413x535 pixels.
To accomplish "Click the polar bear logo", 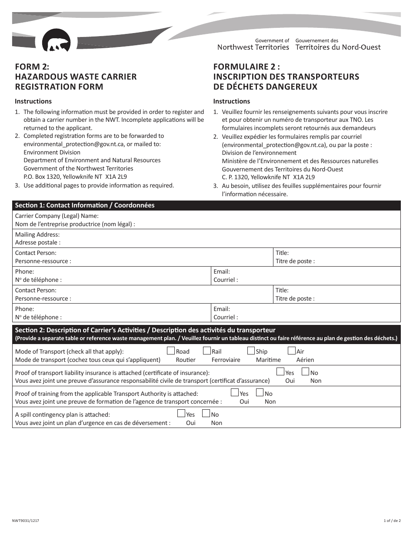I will pos(56,41).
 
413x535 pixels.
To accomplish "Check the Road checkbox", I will pos(171,351).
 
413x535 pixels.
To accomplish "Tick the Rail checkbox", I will pos(207,351).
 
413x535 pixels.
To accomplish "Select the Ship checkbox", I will pos(251,351).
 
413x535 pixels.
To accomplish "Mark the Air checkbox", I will pos(292,351).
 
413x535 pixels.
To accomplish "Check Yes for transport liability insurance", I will pos(280,372).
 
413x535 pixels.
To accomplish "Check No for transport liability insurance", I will pos(305,372).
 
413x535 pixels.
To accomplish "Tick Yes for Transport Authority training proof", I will pos(235,393).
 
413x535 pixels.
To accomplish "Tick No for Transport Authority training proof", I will pos(260,393).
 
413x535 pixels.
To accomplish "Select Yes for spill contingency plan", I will pos(181,414).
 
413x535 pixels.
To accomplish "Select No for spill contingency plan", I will pos(206,414).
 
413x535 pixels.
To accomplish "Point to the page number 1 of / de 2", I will pos(392,521).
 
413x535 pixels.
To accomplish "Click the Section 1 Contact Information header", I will pos(85,205).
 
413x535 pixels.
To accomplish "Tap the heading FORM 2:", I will pos(32,67).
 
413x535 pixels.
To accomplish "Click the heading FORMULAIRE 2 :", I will pos(246,67).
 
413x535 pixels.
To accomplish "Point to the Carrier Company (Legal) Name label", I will pos(57,216).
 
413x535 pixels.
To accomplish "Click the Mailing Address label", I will pos(37,234).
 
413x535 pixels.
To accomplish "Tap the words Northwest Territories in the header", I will pos(253,47).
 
